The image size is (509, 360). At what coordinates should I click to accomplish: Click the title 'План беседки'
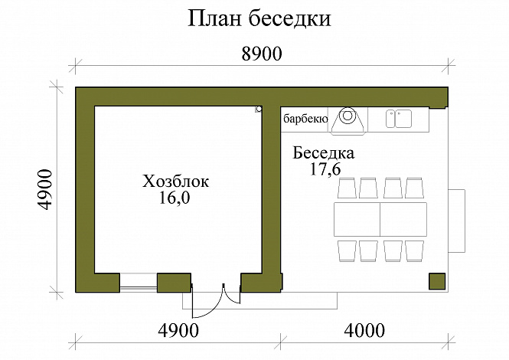pos(259,19)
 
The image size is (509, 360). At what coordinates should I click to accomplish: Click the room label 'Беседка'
pos(324,153)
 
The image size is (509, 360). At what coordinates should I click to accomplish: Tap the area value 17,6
pos(325,169)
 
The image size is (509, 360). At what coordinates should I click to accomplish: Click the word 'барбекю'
pos(305,119)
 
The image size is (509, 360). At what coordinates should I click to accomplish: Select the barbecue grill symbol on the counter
pos(348,118)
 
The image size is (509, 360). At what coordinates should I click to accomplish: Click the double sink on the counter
pos(398,118)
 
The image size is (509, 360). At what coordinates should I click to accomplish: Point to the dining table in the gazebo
pos(380,219)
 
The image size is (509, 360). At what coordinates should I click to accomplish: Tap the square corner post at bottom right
pos(438,281)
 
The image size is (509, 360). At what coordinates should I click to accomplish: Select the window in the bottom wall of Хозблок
pos(139,282)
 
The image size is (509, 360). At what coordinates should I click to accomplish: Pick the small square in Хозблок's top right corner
pos(259,110)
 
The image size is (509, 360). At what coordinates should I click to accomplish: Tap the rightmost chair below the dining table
pos(415,250)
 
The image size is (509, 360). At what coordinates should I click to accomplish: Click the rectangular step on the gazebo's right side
pos(457,220)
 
